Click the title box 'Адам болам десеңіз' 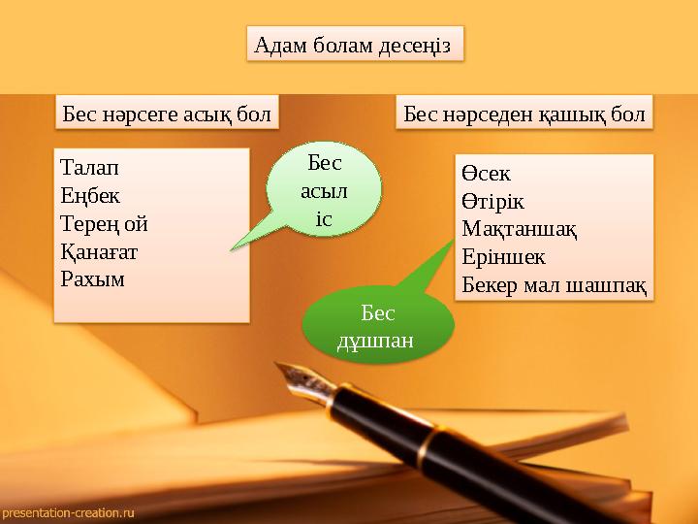coord(355,44)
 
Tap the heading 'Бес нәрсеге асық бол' coord(167,113)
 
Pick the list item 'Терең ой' coord(104,223)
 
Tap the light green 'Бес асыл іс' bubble coord(326,190)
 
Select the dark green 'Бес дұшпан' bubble coord(378,328)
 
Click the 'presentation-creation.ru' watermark coord(68,511)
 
